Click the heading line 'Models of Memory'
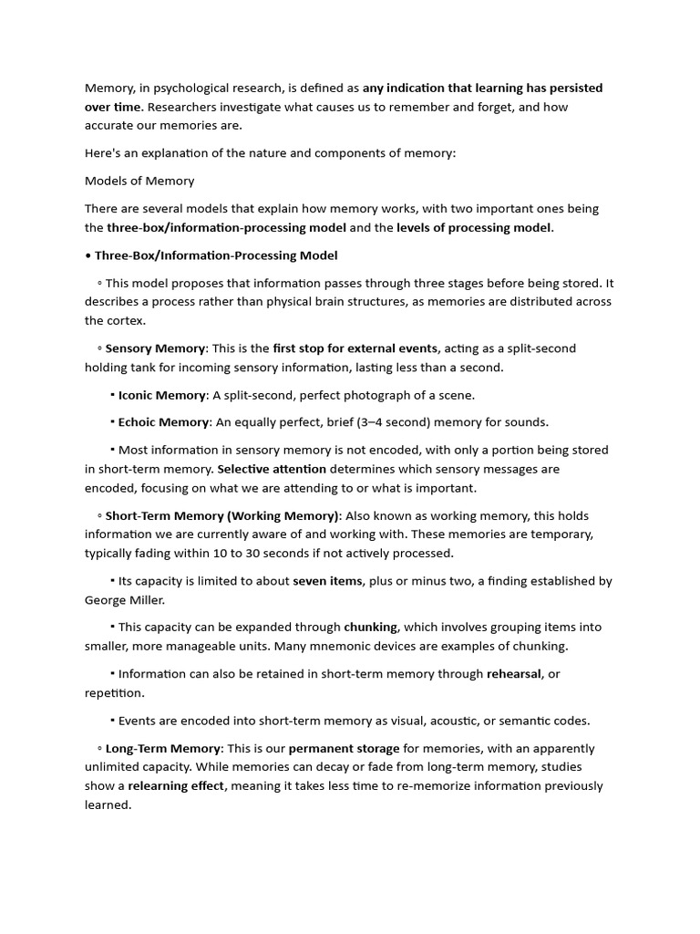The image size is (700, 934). point(139,181)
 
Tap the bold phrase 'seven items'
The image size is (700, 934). point(327,581)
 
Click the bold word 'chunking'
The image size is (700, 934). point(370,628)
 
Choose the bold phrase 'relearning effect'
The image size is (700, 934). point(177,786)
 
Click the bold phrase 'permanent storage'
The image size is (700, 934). point(344,749)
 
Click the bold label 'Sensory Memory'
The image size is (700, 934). point(156,348)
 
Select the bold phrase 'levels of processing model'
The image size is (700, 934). point(474,227)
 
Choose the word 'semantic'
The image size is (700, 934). point(540,721)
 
